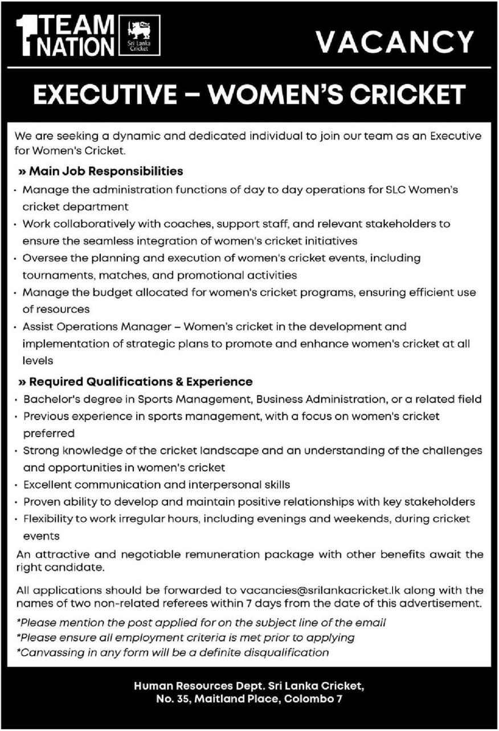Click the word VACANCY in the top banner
tap(394, 42)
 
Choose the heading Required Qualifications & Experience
tap(136, 381)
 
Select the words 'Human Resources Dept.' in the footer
tap(191, 687)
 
